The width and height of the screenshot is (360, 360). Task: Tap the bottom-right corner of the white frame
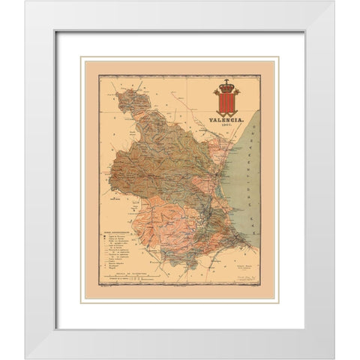[x=335, y=358]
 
